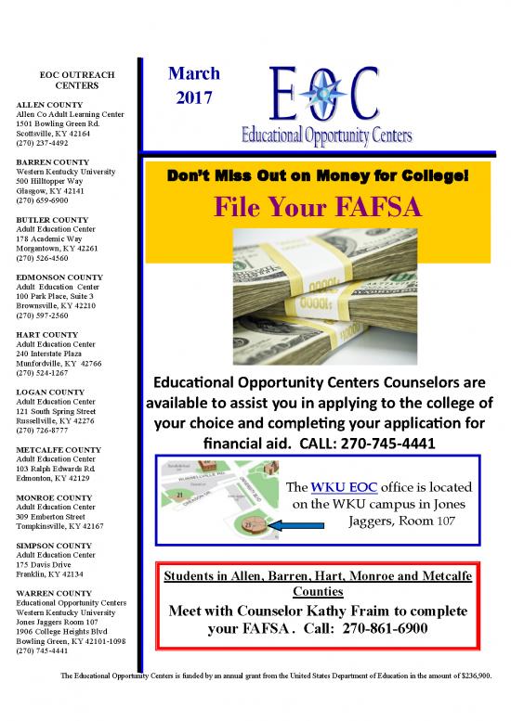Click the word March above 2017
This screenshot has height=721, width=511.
[x=193, y=72]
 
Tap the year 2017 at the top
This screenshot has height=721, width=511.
[x=193, y=96]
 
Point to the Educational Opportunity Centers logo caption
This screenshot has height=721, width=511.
[x=325, y=135]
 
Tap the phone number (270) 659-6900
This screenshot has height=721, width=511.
[x=42, y=200]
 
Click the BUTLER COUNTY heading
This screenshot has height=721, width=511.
[x=52, y=219]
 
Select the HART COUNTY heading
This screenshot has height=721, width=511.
[x=46, y=332]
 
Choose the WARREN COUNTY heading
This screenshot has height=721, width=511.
[x=54, y=592]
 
